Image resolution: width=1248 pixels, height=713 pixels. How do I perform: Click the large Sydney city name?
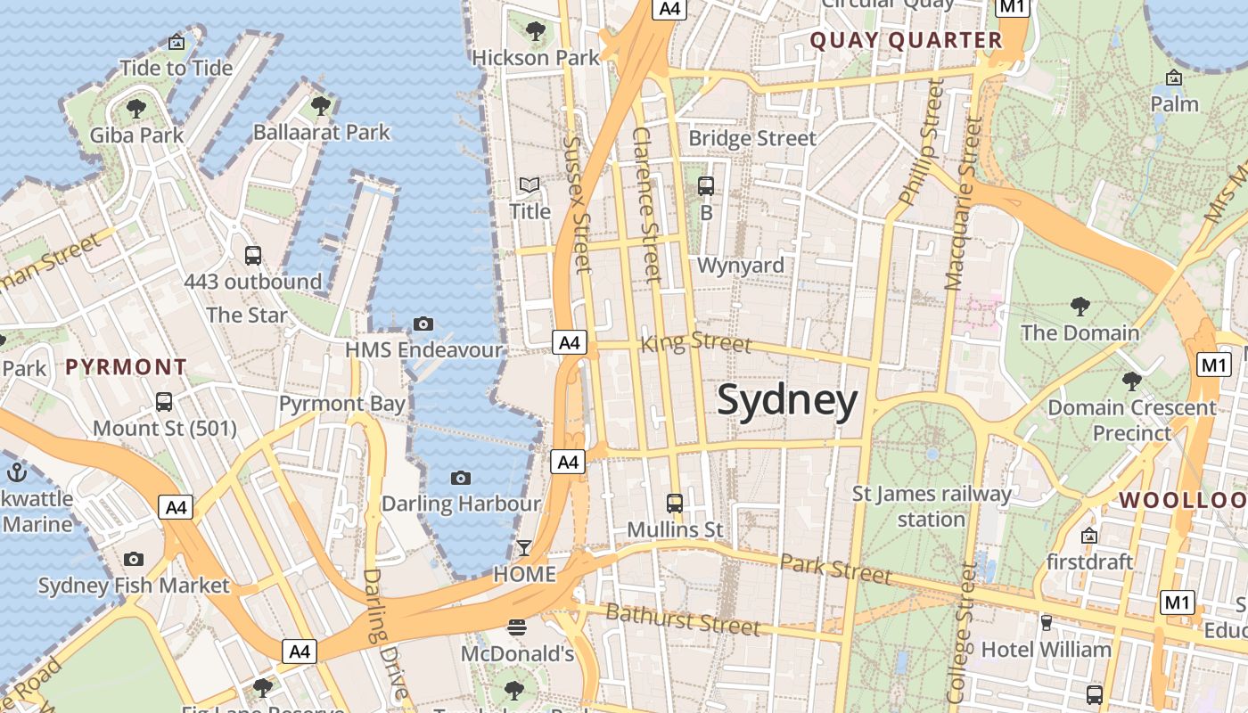tap(787, 400)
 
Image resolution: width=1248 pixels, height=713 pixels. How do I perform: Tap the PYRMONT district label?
tap(126, 367)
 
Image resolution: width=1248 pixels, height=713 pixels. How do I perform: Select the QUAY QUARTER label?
tap(906, 40)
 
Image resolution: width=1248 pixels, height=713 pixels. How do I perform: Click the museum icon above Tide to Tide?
tap(177, 42)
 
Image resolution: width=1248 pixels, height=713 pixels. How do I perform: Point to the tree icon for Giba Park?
tap(136, 109)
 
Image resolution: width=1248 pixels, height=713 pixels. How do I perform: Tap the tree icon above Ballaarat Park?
tap(321, 106)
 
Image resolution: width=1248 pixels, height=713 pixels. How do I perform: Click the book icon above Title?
tap(530, 185)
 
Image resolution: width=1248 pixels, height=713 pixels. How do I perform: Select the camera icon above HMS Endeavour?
tap(423, 324)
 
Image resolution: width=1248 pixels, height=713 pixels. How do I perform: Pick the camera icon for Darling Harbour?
tap(461, 478)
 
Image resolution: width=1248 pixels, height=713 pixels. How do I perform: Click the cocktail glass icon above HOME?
tap(524, 547)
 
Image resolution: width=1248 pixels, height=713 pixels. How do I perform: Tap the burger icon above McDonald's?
tap(516, 627)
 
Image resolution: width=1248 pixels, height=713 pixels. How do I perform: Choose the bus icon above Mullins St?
tap(675, 503)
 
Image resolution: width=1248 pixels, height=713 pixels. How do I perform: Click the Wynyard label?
tap(740, 266)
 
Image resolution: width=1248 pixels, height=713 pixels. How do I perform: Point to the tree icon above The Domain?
tap(1080, 307)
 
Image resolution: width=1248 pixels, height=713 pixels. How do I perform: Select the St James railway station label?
tap(932, 506)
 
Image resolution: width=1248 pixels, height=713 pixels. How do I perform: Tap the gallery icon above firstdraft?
tap(1088, 536)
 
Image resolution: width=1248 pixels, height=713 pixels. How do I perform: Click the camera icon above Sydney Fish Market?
tap(134, 559)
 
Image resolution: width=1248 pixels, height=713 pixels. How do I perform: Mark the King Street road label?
tap(696, 342)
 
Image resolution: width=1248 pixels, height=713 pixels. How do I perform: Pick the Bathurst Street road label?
tap(683, 619)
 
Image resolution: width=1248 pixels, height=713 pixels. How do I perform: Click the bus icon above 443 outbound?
tap(252, 256)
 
